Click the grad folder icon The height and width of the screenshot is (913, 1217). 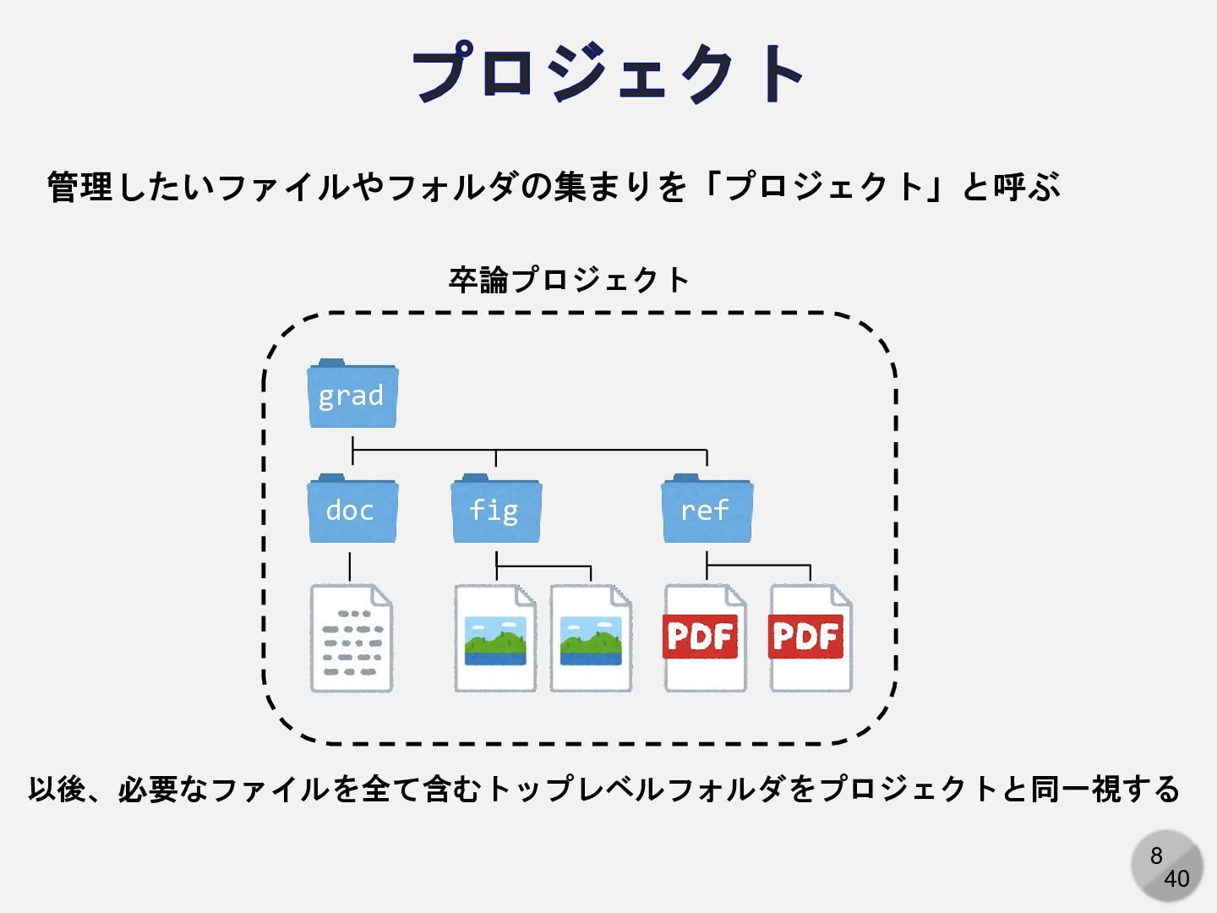[352, 395]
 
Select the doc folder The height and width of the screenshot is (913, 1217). [352, 510]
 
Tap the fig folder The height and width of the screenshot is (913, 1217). [495, 510]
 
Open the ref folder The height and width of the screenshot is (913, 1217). [707, 510]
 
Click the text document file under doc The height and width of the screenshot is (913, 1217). [352, 639]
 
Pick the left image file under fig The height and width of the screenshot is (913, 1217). [495, 639]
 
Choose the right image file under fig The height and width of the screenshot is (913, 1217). [591, 639]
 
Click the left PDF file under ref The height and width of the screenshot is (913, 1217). [705, 639]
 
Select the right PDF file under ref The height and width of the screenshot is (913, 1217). [810, 639]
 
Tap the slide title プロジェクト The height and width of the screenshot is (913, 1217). [608, 74]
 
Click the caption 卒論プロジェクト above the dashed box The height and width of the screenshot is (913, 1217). [569, 280]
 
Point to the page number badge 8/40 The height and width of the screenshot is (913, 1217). [1167, 866]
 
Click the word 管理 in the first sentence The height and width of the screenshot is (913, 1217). [79, 187]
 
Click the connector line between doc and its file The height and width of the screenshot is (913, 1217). [350, 566]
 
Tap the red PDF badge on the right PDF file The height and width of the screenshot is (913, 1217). [806, 637]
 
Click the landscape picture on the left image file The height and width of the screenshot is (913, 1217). [495, 641]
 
